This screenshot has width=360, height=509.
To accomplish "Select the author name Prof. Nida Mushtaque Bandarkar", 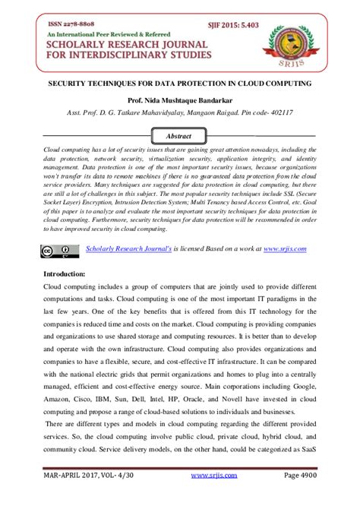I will point(179,98).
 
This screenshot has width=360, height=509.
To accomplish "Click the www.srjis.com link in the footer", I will point(210,495).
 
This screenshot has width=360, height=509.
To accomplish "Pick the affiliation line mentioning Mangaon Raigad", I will point(179,112).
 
